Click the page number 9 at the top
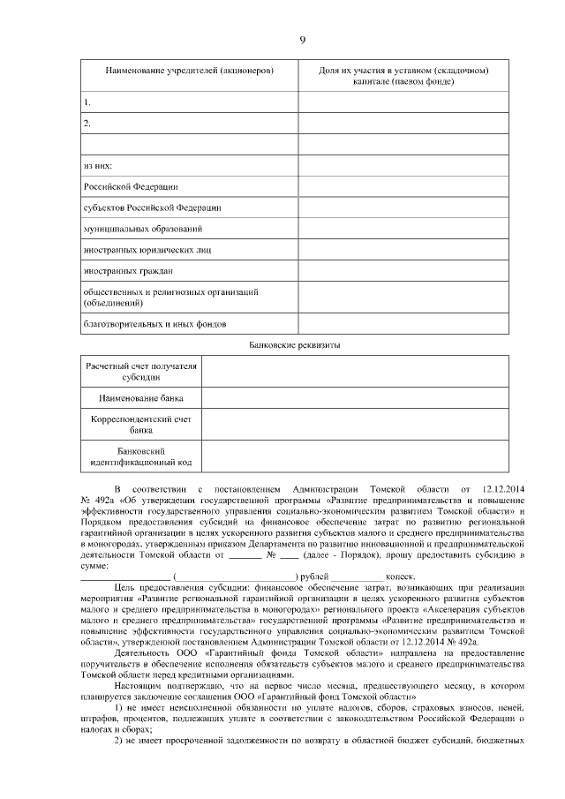pos(302,41)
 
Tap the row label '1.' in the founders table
pos(87,102)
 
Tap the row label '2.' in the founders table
pos(87,124)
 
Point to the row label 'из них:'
pos(98,166)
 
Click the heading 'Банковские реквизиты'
pos(303,344)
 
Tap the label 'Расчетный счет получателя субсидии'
pos(141,370)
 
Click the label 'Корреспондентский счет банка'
pos(141,425)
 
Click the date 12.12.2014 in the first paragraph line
pos(505,488)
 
